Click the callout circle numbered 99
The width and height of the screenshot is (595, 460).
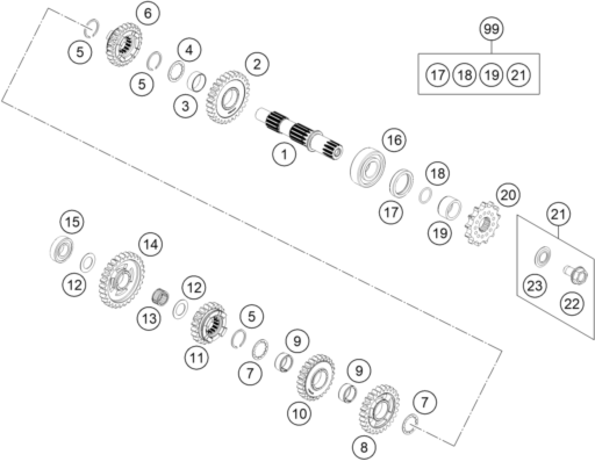pos(492,29)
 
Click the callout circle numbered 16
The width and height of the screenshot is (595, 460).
pos(394,140)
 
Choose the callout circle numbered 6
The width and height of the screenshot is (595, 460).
pos(148,13)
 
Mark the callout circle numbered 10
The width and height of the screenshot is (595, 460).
pos(299,414)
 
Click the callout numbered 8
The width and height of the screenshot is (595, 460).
pos(364,447)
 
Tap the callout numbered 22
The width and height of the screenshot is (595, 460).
pos(571,304)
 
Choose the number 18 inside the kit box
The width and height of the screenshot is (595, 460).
pos(465,75)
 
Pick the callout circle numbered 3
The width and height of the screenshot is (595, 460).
pos(185,106)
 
